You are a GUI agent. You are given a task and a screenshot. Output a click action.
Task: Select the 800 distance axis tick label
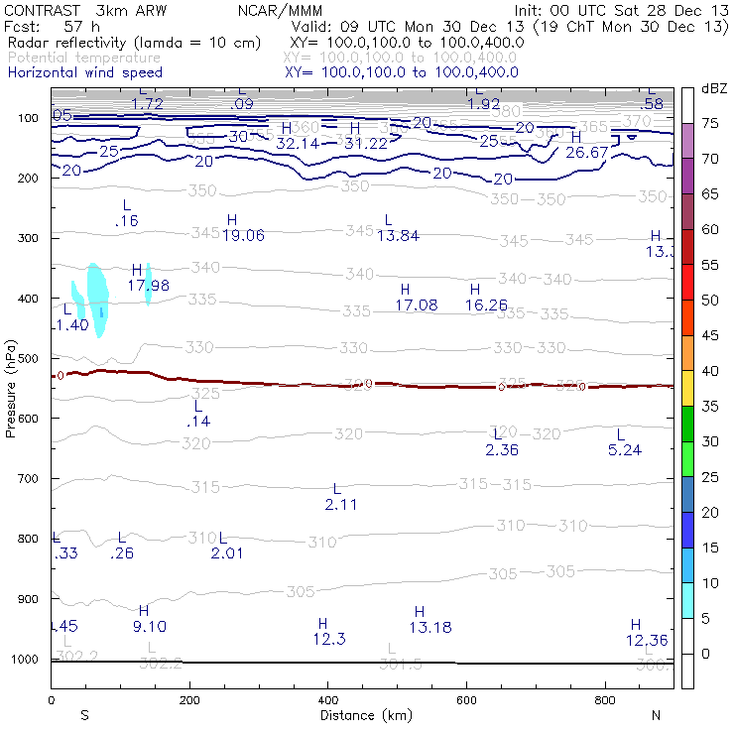[605, 701]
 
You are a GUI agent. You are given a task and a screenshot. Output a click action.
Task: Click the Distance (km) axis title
[361, 715]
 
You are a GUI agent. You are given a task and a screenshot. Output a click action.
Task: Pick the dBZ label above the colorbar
[714, 88]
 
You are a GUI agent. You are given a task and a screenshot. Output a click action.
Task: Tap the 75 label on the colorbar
[710, 123]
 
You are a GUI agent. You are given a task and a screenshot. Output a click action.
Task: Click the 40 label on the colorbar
[710, 370]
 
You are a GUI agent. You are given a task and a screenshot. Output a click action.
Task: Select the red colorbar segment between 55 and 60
[687, 246]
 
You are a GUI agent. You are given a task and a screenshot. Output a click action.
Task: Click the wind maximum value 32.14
[297, 144]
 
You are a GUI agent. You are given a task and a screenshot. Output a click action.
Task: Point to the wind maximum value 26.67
[586, 152]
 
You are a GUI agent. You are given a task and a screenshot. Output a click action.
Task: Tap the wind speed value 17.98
[148, 286]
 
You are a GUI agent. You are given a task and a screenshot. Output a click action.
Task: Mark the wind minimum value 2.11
[340, 505]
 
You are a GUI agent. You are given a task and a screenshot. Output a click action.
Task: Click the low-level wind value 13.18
[429, 627]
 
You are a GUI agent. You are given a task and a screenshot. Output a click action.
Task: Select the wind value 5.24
[624, 450]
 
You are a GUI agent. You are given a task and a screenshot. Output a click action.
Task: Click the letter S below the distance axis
[84, 715]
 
